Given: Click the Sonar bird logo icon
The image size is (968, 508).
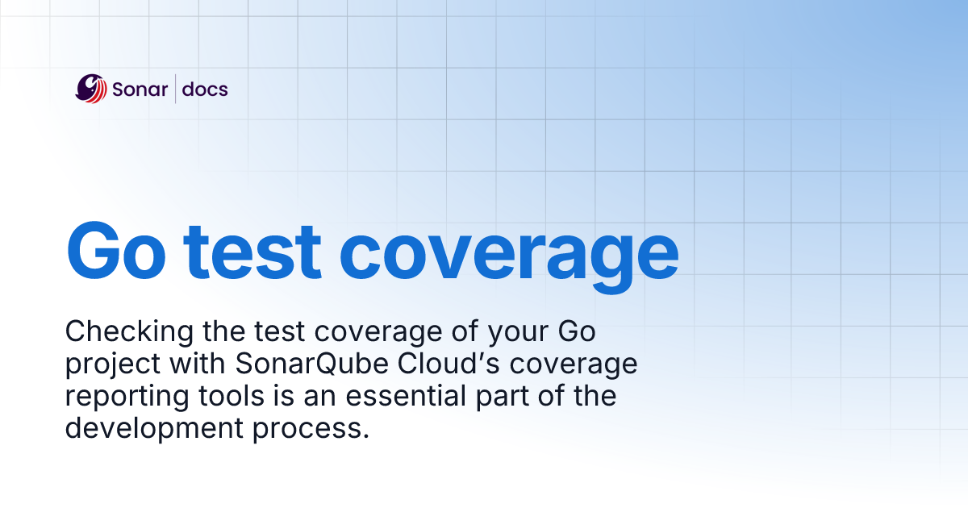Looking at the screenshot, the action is [90, 89].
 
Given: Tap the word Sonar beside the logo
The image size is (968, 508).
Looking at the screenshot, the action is [140, 90].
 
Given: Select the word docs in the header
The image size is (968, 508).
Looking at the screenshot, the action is [205, 89].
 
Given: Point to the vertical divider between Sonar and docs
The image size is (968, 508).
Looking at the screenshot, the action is [176, 89].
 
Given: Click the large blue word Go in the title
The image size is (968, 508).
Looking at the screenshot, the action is [116, 251].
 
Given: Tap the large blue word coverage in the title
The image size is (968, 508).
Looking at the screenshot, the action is [509, 258].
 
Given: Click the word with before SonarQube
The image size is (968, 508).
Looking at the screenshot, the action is [198, 363].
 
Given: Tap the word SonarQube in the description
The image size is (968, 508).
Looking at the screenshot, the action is [311, 364].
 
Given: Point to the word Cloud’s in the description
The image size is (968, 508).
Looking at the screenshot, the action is [449, 364].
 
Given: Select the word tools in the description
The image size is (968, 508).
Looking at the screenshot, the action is [232, 395].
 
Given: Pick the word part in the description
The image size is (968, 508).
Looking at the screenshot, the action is [502, 398].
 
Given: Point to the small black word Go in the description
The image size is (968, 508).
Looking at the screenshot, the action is [577, 331].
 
